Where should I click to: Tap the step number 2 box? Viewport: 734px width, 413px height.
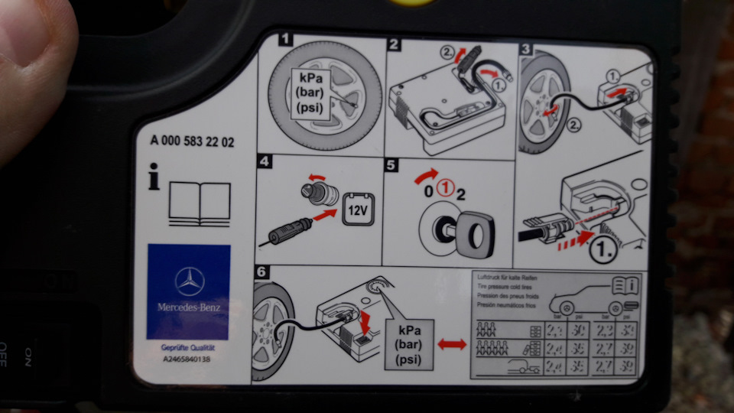tap(395, 44)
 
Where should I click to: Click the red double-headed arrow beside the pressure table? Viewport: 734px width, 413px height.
tap(452, 346)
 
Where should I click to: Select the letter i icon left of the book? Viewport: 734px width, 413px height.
tap(154, 180)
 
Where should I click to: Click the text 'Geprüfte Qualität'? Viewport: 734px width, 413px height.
tap(189, 349)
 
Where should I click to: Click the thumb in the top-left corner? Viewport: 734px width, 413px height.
tap(31, 69)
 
